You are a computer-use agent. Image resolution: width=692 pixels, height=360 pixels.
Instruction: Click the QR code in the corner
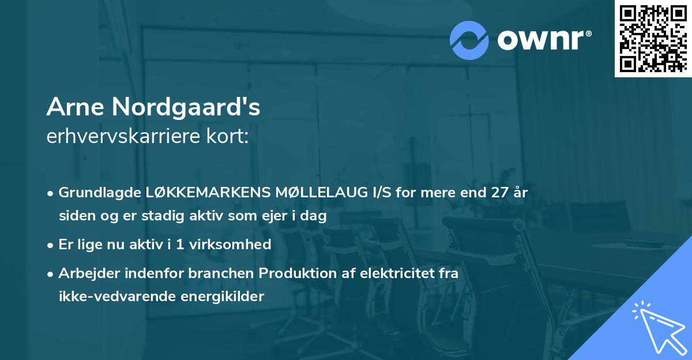pos(653,38)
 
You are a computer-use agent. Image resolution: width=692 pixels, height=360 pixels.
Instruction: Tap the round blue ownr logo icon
pos(469,40)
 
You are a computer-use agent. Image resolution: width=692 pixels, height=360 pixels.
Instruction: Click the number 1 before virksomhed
pos(180,245)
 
